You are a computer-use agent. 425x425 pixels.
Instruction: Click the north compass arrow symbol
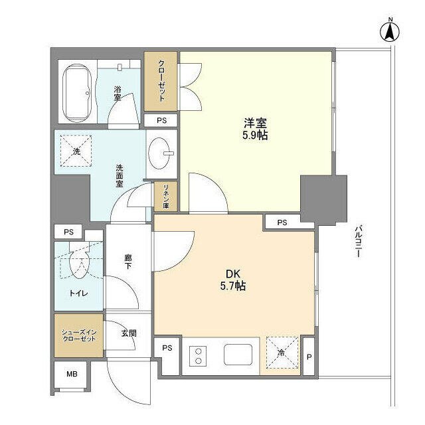pyautogui.click(x=390, y=31)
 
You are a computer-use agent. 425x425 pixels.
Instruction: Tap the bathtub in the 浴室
pyautogui.click(x=77, y=93)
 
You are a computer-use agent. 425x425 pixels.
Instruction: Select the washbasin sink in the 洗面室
pyautogui.click(x=161, y=153)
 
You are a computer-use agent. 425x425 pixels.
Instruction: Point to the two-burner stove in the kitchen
pyautogui.click(x=198, y=356)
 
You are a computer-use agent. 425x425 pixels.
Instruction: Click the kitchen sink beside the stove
pyautogui.click(x=238, y=355)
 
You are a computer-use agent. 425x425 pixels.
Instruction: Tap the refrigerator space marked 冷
pyautogui.click(x=282, y=353)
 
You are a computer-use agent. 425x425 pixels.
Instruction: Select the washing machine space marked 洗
pyautogui.click(x=76, y=151)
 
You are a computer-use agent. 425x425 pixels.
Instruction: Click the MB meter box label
pyautogui.click(x=72, y=374)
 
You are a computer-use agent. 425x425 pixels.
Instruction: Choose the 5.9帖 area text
pyautogui.click(x=255, y=135)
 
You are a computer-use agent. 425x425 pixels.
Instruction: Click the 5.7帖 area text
pyautogui.click(x=233, y=286)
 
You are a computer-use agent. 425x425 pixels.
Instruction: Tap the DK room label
pyautogui.click(x=233, y=274)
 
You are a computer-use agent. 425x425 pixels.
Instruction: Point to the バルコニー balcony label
pyautogui.click(x=358, y=241)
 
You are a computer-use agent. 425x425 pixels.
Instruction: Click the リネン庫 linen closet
pyautogui.click(x=165, y=197)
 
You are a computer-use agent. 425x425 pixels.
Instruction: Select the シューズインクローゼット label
pyautogui.click(x=79, y=335)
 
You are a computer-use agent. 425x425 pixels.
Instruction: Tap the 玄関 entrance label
pyautogui.click(x=129, y=333)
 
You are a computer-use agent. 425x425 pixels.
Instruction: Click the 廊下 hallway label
pyautogui.click(x=128, y=262)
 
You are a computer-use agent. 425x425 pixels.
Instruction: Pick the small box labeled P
pyautogui.click(x=309, y=357)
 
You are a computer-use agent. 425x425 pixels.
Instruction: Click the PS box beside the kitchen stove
pyautogui.click(x=167, y=348)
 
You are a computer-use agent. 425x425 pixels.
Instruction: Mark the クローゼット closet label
pyautogui.click(x=161, y=81)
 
